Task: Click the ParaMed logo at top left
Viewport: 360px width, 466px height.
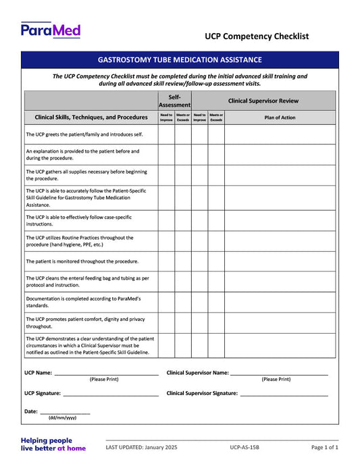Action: click(51, 30)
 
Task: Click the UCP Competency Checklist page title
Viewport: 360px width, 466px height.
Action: click(257, 36)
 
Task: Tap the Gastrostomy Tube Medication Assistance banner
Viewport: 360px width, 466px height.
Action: click(180, 60)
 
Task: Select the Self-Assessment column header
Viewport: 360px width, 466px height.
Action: click(174, 101)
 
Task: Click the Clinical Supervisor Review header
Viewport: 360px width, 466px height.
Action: click(263, 101)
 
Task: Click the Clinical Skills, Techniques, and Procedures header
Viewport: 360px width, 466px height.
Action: click(91, 118)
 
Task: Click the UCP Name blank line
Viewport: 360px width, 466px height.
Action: click(106, 373)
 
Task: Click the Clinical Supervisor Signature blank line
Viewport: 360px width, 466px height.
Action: click(284, 394)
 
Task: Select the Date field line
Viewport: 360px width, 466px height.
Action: click(65, 412)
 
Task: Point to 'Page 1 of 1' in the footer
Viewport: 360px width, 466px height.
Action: click(325, 448)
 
